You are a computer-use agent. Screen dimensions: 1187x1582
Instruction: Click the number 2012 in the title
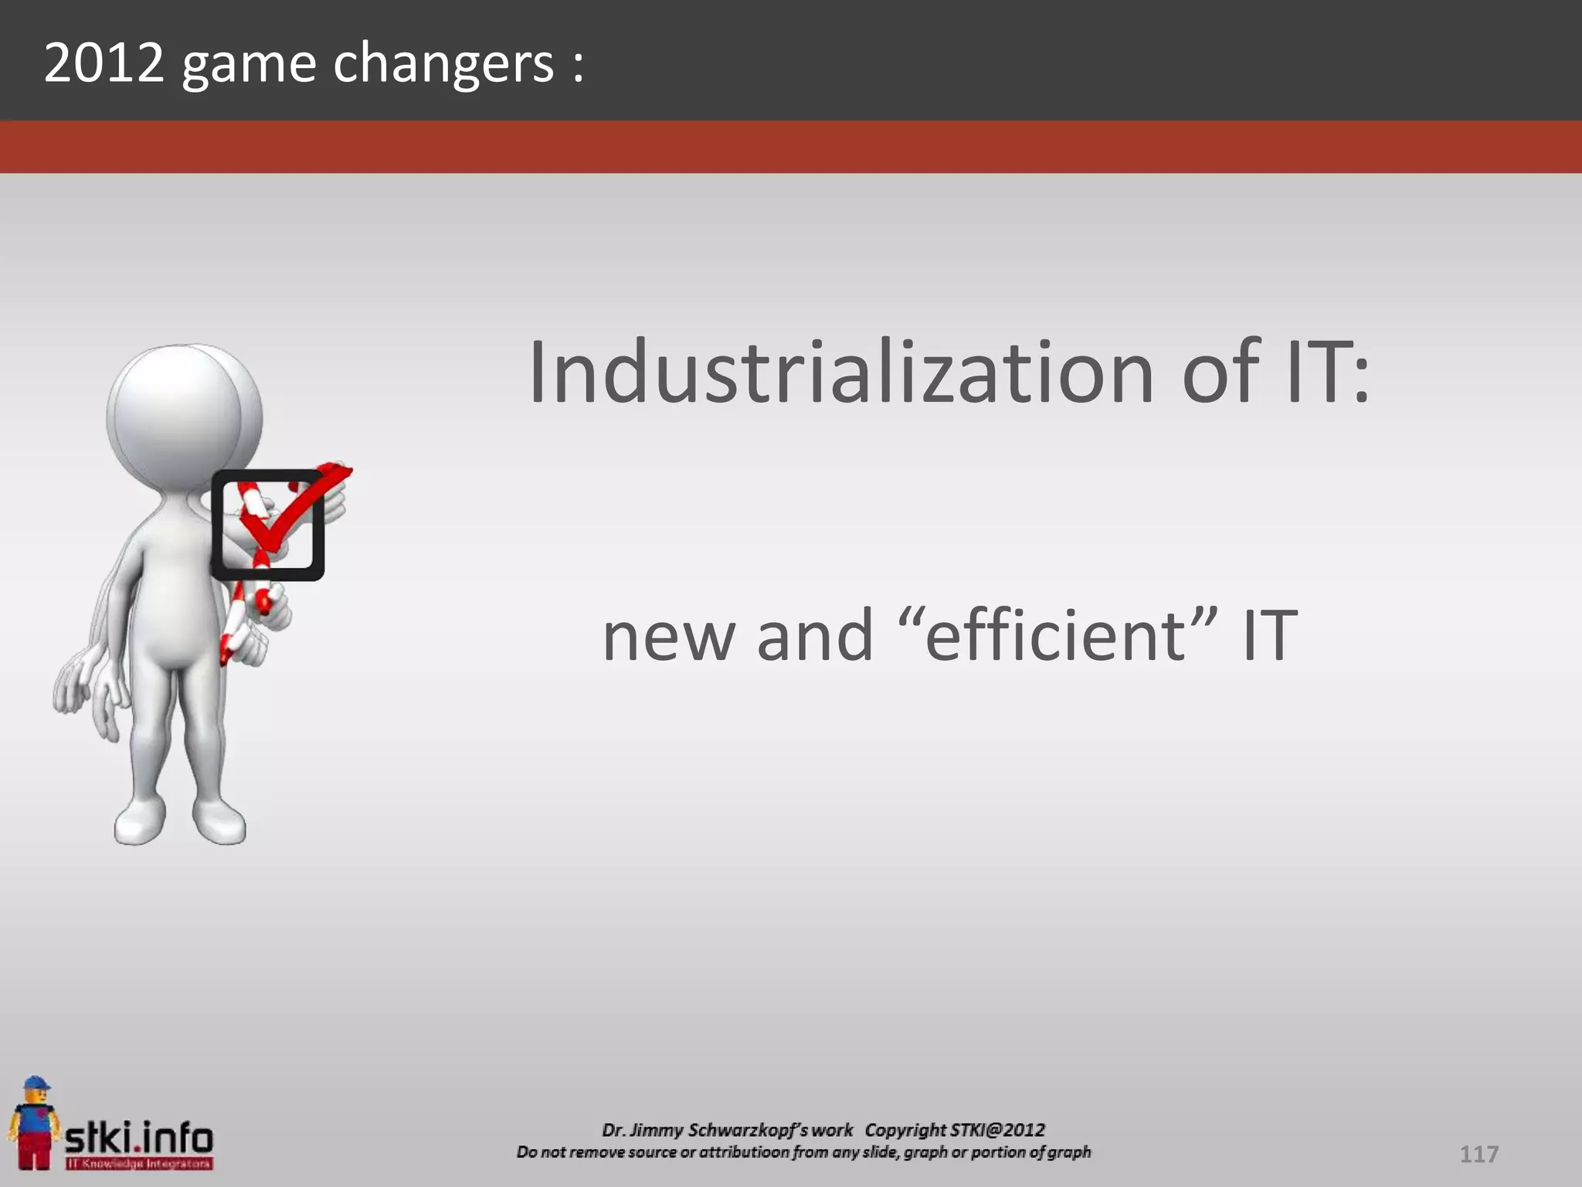point(104,63)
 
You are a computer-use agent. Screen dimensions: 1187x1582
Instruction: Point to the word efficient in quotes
point(1055,635)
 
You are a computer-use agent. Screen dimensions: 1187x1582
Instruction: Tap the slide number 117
point(1478,1155)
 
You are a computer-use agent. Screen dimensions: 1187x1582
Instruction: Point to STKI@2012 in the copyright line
point(996,1130)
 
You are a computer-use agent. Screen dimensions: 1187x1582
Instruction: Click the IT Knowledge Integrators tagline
point(139,1163)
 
